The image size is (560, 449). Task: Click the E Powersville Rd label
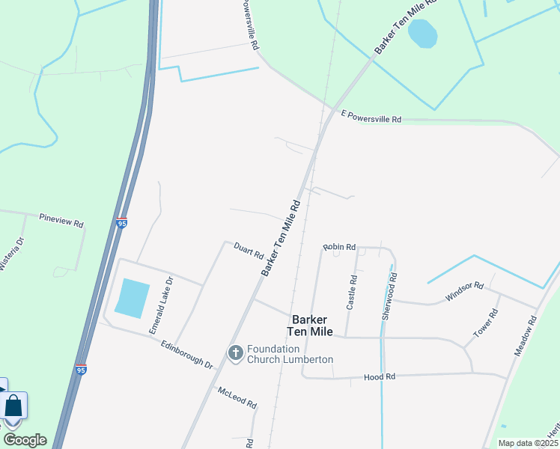[x=371, y=117]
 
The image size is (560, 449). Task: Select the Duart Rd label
[x=249, y=251]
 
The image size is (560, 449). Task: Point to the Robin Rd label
[x=339, y=246]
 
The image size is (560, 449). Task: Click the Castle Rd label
[x=352, y=293]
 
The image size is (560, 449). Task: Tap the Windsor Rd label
[x=465, y=290]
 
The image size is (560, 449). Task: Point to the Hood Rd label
[x=374, y=378]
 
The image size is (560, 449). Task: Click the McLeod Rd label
[x=237, y=397]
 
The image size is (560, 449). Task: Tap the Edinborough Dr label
[x=187, y=353]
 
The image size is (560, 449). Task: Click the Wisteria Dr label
[x=11, y=254]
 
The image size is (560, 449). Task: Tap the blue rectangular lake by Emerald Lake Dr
[x=132, y=298]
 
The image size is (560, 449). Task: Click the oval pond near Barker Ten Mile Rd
[x=423, y=34]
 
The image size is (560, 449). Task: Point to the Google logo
[x=25, y=439]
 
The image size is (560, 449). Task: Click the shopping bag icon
[x=14, y=406]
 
